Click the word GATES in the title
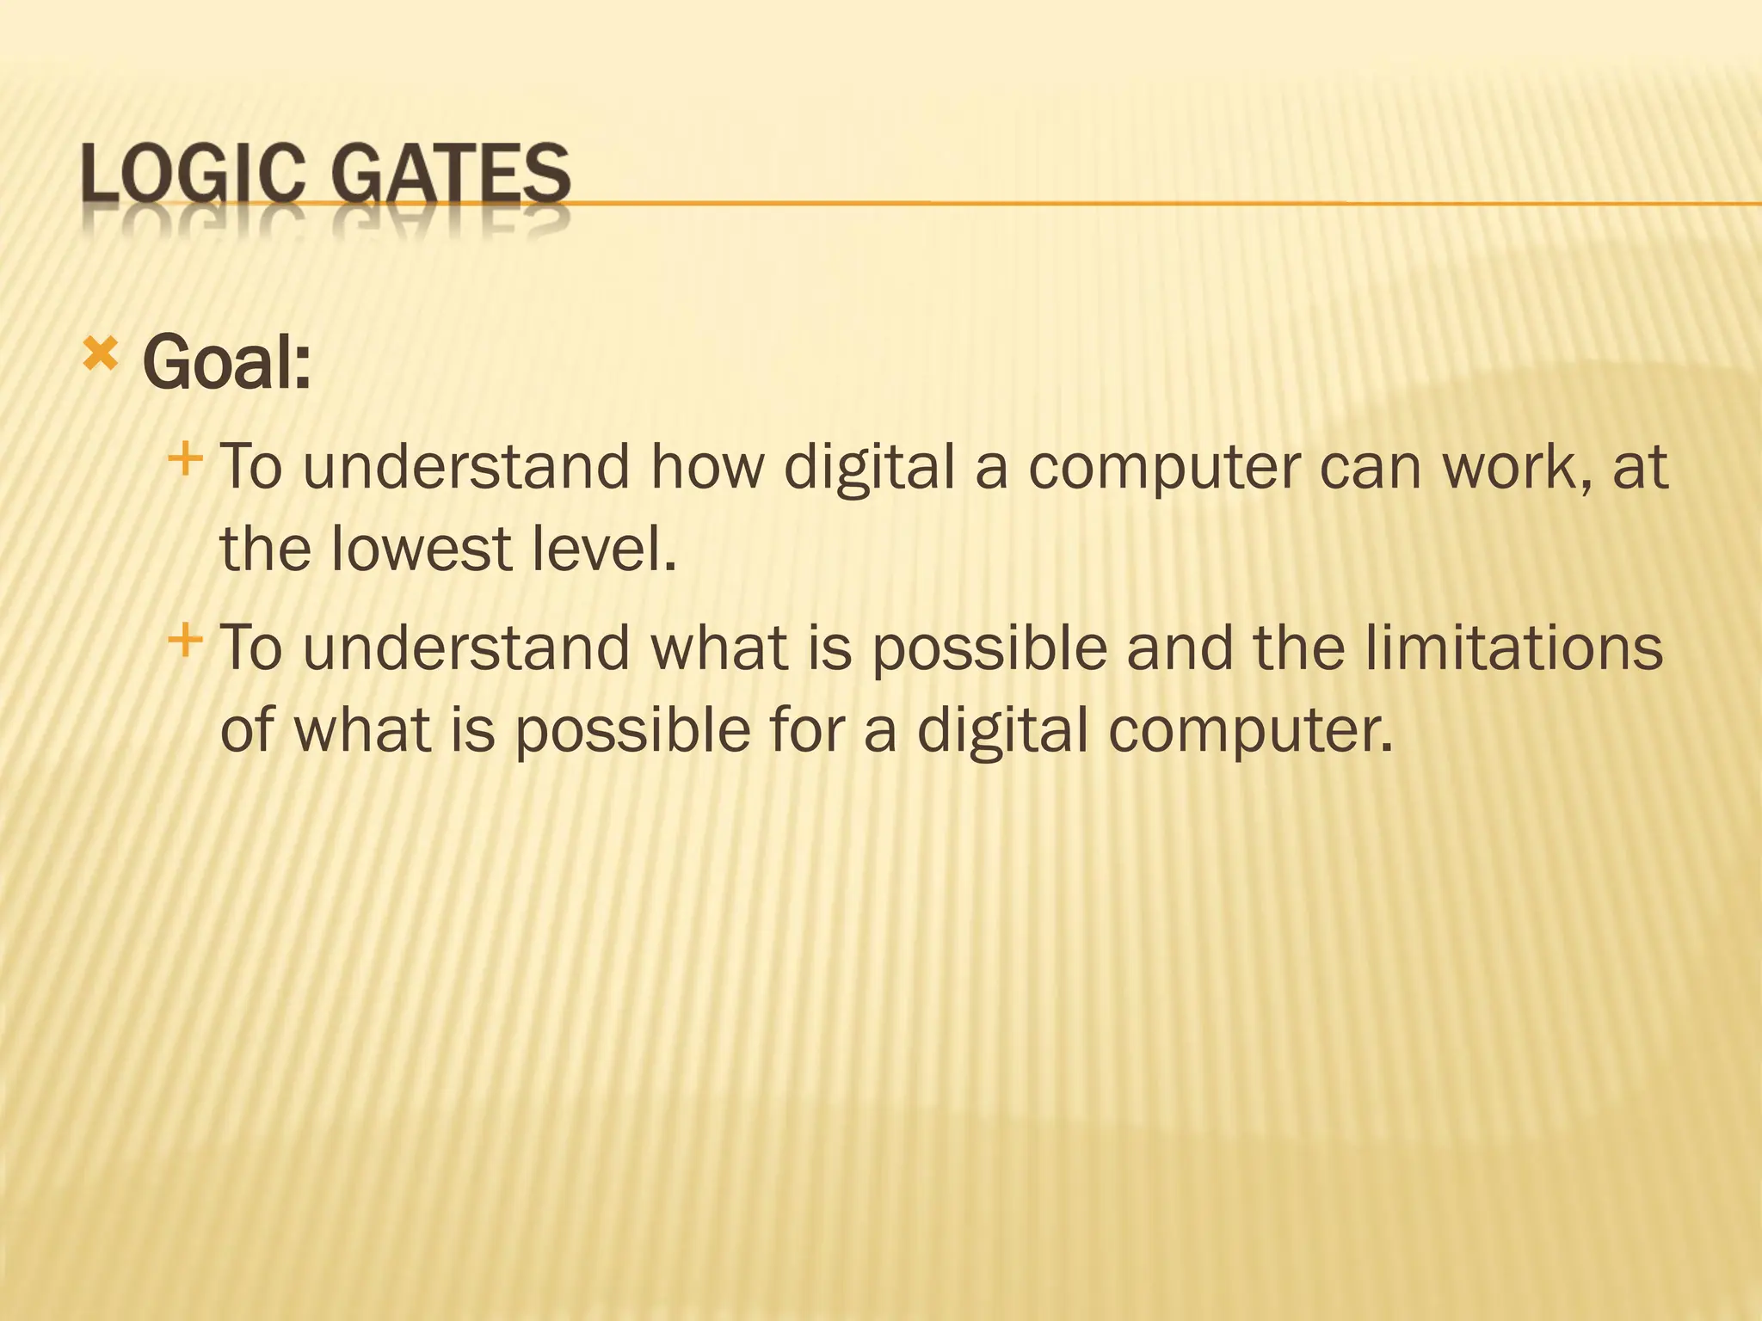tap(451, 174)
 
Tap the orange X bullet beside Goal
tap(101, 354)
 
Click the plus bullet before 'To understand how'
tap(185, 460)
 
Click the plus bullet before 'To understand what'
tap(185, 640)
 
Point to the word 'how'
tap(707, 467)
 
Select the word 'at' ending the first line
tap(1640, 469)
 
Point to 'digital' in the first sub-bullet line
tap(870, 469)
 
